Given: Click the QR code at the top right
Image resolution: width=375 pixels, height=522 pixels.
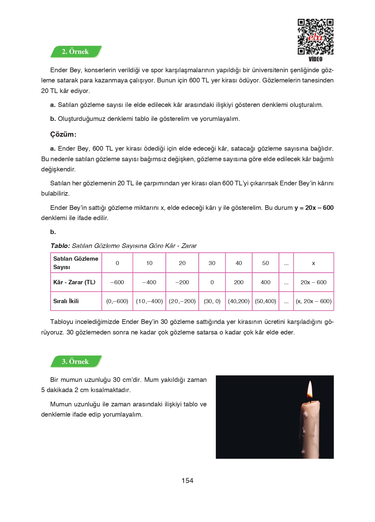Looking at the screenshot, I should (315, 37).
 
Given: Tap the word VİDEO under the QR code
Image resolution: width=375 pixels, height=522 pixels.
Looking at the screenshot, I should (315, 59).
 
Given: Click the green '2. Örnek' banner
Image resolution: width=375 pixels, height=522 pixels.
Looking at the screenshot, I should (76, 52).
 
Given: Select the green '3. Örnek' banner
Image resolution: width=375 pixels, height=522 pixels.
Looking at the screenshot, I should (76, 361).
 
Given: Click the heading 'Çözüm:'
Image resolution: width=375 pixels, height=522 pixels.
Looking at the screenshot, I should (63, 134).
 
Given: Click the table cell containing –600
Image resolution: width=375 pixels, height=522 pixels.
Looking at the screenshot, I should (117, 282).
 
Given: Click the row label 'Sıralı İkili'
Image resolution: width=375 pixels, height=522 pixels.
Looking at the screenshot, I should (66, 301).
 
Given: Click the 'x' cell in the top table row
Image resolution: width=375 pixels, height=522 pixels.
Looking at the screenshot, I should (313, 263).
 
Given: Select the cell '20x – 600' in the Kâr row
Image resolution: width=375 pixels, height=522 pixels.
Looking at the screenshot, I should (313, 282).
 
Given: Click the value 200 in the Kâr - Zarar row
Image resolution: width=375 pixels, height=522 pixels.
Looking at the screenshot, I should (239, 282).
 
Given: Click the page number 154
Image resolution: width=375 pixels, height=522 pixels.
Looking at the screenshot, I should (187, 480).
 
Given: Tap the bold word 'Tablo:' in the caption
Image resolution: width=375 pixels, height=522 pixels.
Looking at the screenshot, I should (60, 246).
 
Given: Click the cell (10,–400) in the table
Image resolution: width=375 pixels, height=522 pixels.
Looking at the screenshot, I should (149, 301).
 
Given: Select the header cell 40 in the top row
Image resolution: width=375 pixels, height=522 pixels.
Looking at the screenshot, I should (239, 263).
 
